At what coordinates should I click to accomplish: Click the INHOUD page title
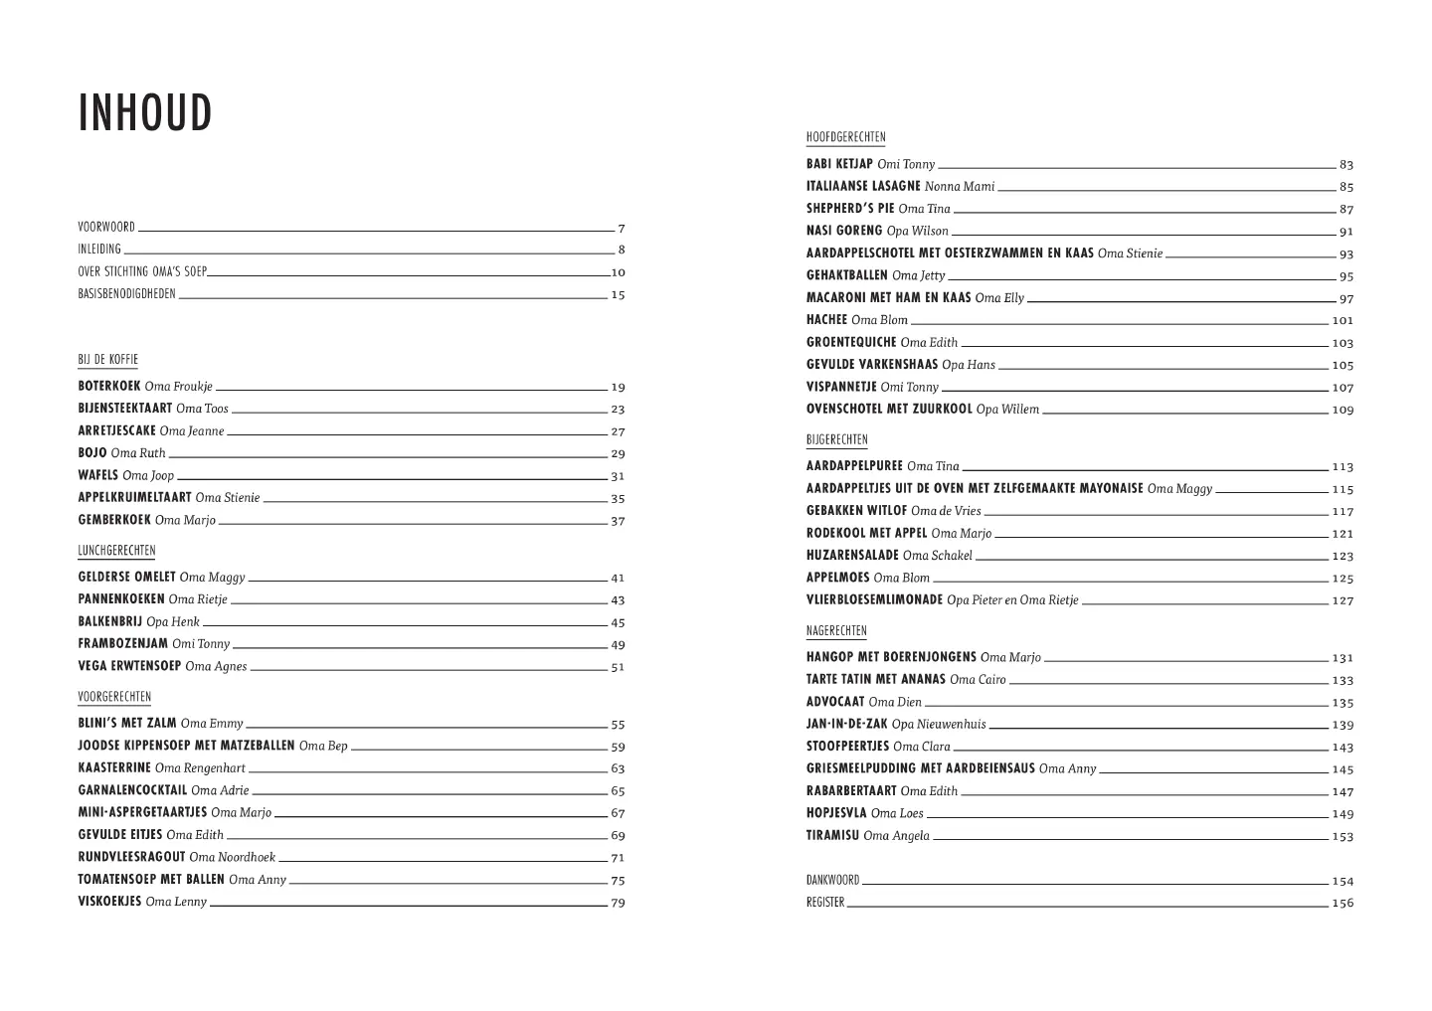(145, 113)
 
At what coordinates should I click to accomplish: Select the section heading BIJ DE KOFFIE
(107, 360)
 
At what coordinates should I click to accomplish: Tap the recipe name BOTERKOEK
(109, 386)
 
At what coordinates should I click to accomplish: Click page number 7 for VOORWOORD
(621, 228)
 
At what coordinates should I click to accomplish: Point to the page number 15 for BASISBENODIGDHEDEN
(618, 295)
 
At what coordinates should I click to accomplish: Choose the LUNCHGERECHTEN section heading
(116, 551)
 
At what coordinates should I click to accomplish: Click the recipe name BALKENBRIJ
(110, 621)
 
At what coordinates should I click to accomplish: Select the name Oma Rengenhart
(200, 768)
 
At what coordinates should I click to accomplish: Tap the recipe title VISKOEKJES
(109, 902)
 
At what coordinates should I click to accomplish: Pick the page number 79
(618, 903)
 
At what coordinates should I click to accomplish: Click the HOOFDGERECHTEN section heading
(845, 138)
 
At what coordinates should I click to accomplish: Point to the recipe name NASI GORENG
(844, 231)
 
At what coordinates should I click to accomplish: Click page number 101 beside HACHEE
(1342, 321)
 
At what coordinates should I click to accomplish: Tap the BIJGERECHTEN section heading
(836, 439)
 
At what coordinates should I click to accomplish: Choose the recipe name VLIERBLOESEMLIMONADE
(874, 599)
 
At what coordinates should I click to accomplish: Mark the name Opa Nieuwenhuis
(939, 725)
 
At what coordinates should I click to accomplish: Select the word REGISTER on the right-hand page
(824, 903)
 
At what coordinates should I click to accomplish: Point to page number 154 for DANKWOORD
(1342, 881)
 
